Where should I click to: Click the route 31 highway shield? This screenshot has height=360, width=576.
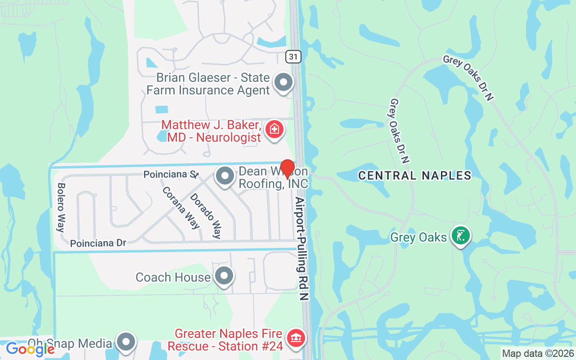293,56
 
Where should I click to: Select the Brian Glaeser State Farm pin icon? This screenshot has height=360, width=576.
283,83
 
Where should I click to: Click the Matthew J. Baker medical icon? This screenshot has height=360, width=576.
274,130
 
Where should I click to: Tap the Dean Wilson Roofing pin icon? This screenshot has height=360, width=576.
225,176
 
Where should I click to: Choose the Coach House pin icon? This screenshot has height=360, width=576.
224,276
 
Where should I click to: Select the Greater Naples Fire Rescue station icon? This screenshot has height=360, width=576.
296,338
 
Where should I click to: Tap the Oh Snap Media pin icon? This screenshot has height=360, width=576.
126,342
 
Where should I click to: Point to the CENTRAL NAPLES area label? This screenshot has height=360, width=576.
414,175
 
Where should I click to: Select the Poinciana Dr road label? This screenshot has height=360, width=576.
98,243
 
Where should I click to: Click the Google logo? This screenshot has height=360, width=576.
30,349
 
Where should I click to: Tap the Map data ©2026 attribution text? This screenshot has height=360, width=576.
538,353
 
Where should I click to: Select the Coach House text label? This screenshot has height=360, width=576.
173,277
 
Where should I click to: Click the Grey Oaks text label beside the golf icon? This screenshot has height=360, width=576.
418,237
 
